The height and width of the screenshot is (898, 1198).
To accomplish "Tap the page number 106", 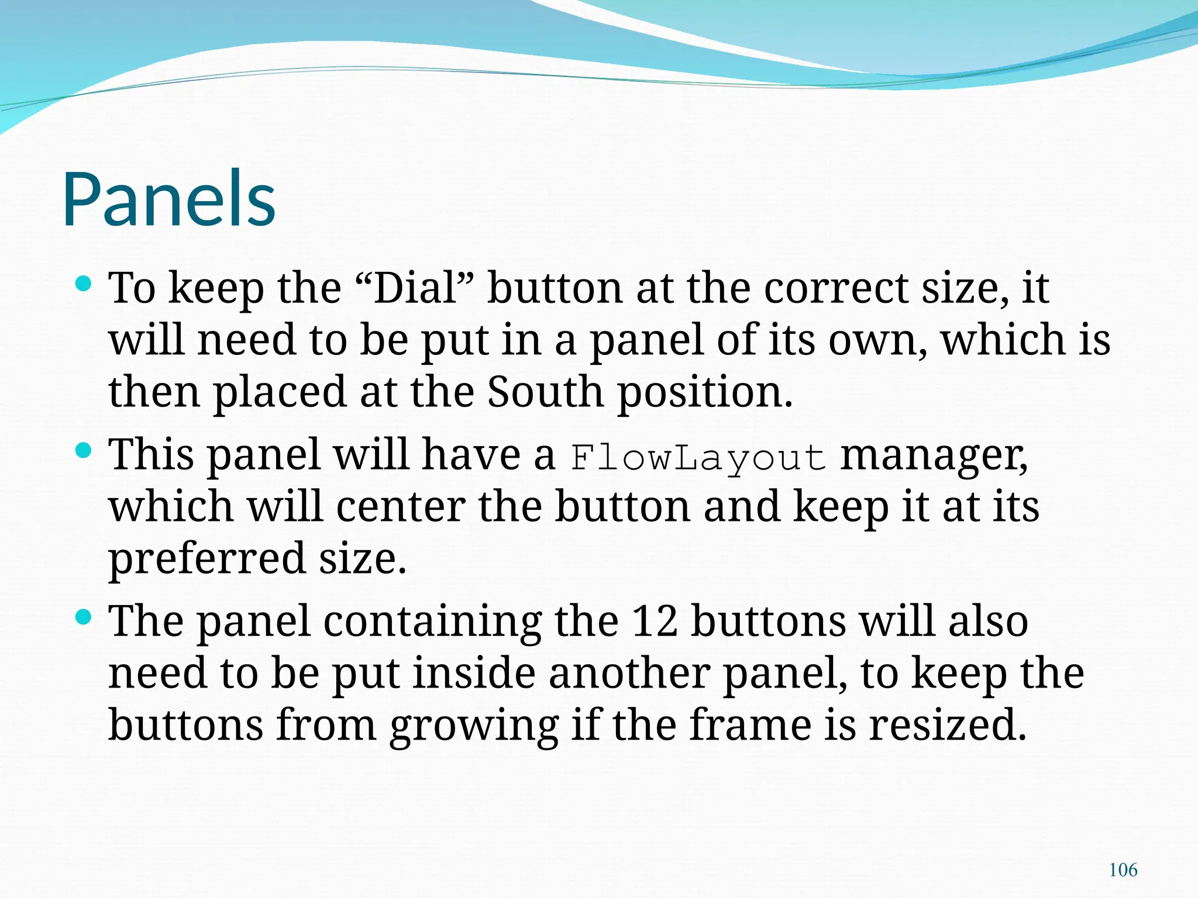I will [1123, 870].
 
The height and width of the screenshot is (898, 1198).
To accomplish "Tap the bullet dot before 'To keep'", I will [84, 284].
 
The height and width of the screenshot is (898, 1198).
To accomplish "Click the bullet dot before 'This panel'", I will [84, 450].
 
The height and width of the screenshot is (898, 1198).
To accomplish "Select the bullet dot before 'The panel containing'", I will [84, 617].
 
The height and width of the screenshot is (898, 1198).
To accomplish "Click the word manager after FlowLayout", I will [934, 455].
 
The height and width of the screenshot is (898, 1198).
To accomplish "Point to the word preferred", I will [207, 558].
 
